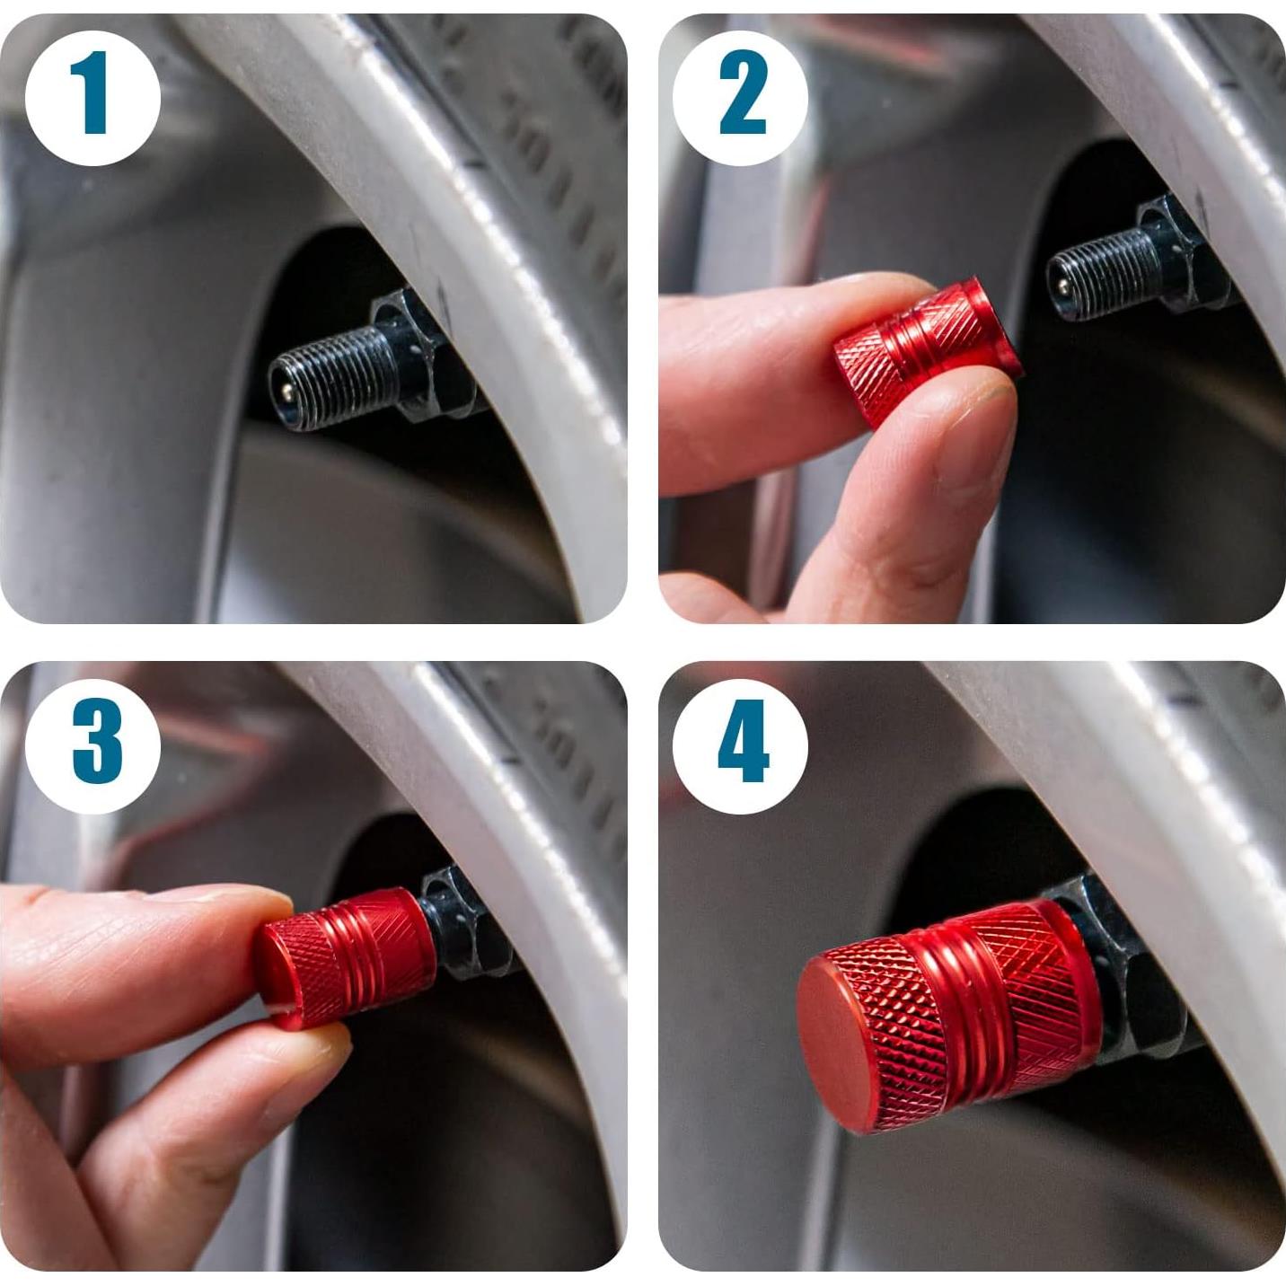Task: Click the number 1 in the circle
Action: pos(92,93)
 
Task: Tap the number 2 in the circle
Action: pos(742,93)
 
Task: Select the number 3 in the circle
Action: pos(95,742)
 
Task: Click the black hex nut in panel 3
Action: pos(467,925)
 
